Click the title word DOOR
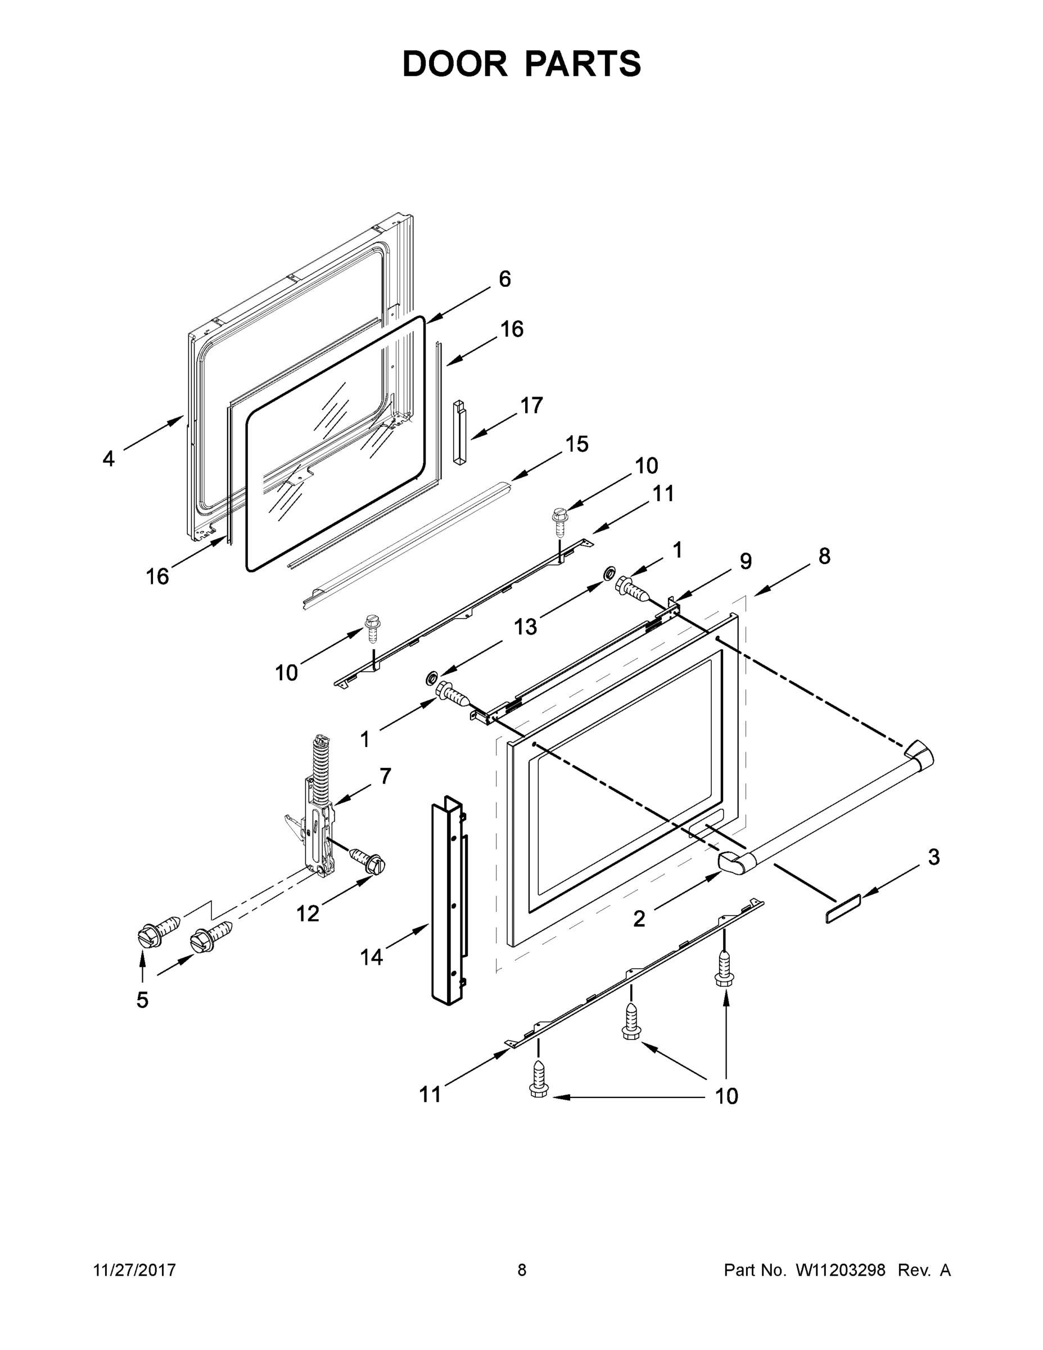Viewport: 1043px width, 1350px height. tap(455, 64)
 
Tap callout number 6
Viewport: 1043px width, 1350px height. tap(505, 279)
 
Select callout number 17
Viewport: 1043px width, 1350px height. tap(531, 406)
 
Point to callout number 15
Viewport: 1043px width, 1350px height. tap(576, 444)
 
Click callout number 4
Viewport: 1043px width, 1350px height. tap(109, 458)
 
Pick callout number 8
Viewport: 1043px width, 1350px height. tap(824, 556)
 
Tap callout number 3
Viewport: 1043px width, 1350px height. tap(933, 857)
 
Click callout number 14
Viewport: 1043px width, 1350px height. tap(371, 957)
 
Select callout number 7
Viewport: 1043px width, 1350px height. tap(385, 776)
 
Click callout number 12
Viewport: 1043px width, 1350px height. tap(308, 913)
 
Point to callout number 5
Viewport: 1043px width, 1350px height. tap(143, 1000)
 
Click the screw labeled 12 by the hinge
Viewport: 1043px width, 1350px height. tap(368, 862)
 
